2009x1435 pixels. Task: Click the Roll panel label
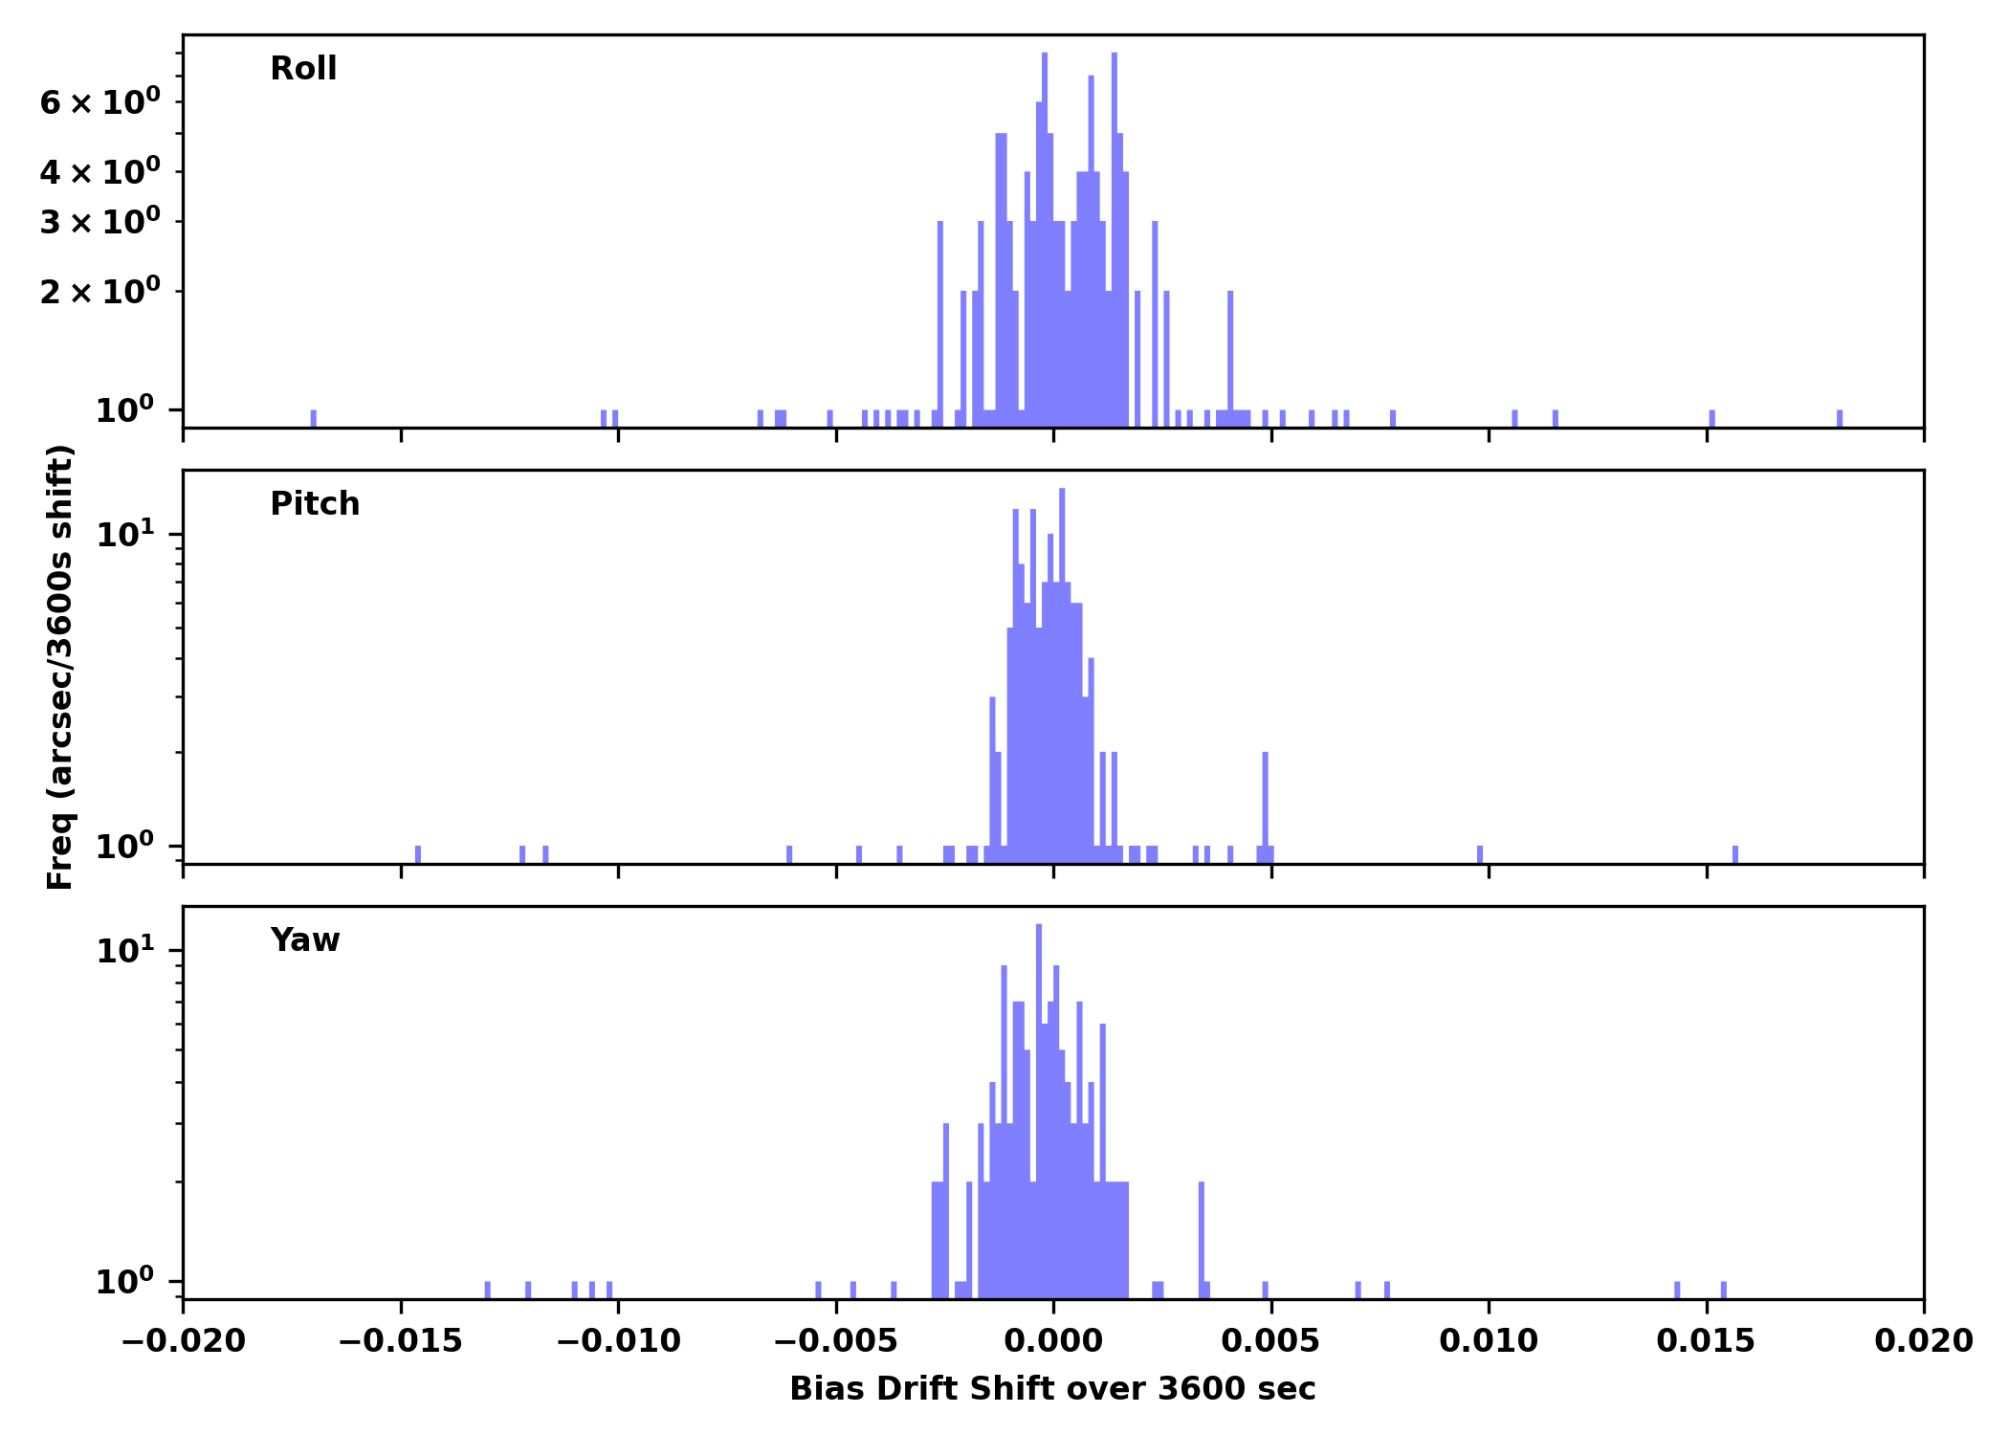pos(303,69)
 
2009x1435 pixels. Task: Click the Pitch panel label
pos(315,504)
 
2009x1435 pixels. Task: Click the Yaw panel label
pos(304,940)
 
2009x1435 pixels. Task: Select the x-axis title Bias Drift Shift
pos(1052,1389)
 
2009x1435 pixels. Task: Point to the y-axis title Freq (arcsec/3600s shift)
pos(60,667)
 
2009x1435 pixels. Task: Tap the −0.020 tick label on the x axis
pos(183,1341)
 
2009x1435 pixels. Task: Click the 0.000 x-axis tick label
pos(1053,1341)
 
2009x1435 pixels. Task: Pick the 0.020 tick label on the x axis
pos(1923,1341)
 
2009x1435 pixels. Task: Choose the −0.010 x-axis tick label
pos(618,1341)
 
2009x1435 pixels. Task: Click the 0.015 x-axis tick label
pos(1706,1341)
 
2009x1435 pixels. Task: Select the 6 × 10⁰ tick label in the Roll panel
pos(99,102)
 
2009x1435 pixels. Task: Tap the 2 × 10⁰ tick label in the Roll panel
pos(99,292)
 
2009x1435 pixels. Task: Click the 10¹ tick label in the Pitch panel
pos(125,534)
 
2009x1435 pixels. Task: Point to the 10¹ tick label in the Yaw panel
pos(125,951)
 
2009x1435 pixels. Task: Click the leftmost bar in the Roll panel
pos(313,418)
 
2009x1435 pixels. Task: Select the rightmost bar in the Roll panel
pos(1839,418)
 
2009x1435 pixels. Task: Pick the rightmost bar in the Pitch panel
pos(1734,854)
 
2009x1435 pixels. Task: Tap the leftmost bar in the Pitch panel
pos(417,854)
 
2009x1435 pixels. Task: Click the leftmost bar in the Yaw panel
pos(487,1290)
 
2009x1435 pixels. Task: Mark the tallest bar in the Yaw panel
pos(1039,1110)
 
